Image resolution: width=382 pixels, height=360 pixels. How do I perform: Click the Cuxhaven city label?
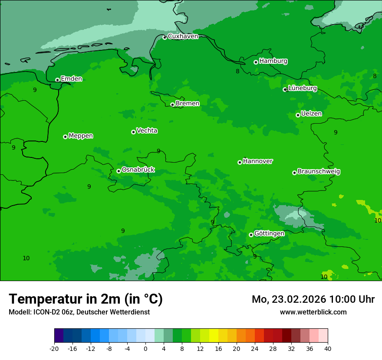pos(183,36)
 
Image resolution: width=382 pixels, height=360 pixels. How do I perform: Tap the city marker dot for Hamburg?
pos(256,62)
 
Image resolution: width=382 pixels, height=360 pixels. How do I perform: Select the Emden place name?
pos(71,79)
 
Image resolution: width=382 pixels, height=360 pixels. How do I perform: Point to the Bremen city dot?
pos(172,105)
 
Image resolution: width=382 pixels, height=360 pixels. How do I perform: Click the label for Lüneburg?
pos(303,88)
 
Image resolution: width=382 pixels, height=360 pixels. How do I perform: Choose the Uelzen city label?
pos(311,114)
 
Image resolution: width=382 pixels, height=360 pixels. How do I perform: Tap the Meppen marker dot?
pos(65,137)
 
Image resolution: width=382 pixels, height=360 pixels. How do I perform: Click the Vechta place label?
pos(147,131)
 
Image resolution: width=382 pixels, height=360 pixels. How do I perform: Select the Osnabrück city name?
pos(138,170)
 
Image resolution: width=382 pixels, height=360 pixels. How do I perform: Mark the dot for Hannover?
pos(240,162)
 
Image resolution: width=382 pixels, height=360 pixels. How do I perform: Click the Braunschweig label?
pos(319,171)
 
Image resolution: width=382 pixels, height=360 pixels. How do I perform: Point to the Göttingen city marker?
pos(251,235)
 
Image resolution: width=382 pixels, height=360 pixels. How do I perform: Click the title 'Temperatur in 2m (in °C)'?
pos(86,299)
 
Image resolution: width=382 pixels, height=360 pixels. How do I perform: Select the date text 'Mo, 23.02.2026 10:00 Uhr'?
pos(313,299)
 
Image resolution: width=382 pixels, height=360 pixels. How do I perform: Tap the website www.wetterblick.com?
pos(313,312)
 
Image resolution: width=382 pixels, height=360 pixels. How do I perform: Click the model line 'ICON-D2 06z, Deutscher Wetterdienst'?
pos(79,312)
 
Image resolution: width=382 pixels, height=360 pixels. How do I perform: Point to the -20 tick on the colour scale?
pos(54,348)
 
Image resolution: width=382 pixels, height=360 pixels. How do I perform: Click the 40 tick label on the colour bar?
pos(328,348)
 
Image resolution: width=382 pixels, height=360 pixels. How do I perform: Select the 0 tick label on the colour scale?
pos(145,348)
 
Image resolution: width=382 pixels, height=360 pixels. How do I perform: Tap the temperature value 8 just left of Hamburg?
pos(237,71)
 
